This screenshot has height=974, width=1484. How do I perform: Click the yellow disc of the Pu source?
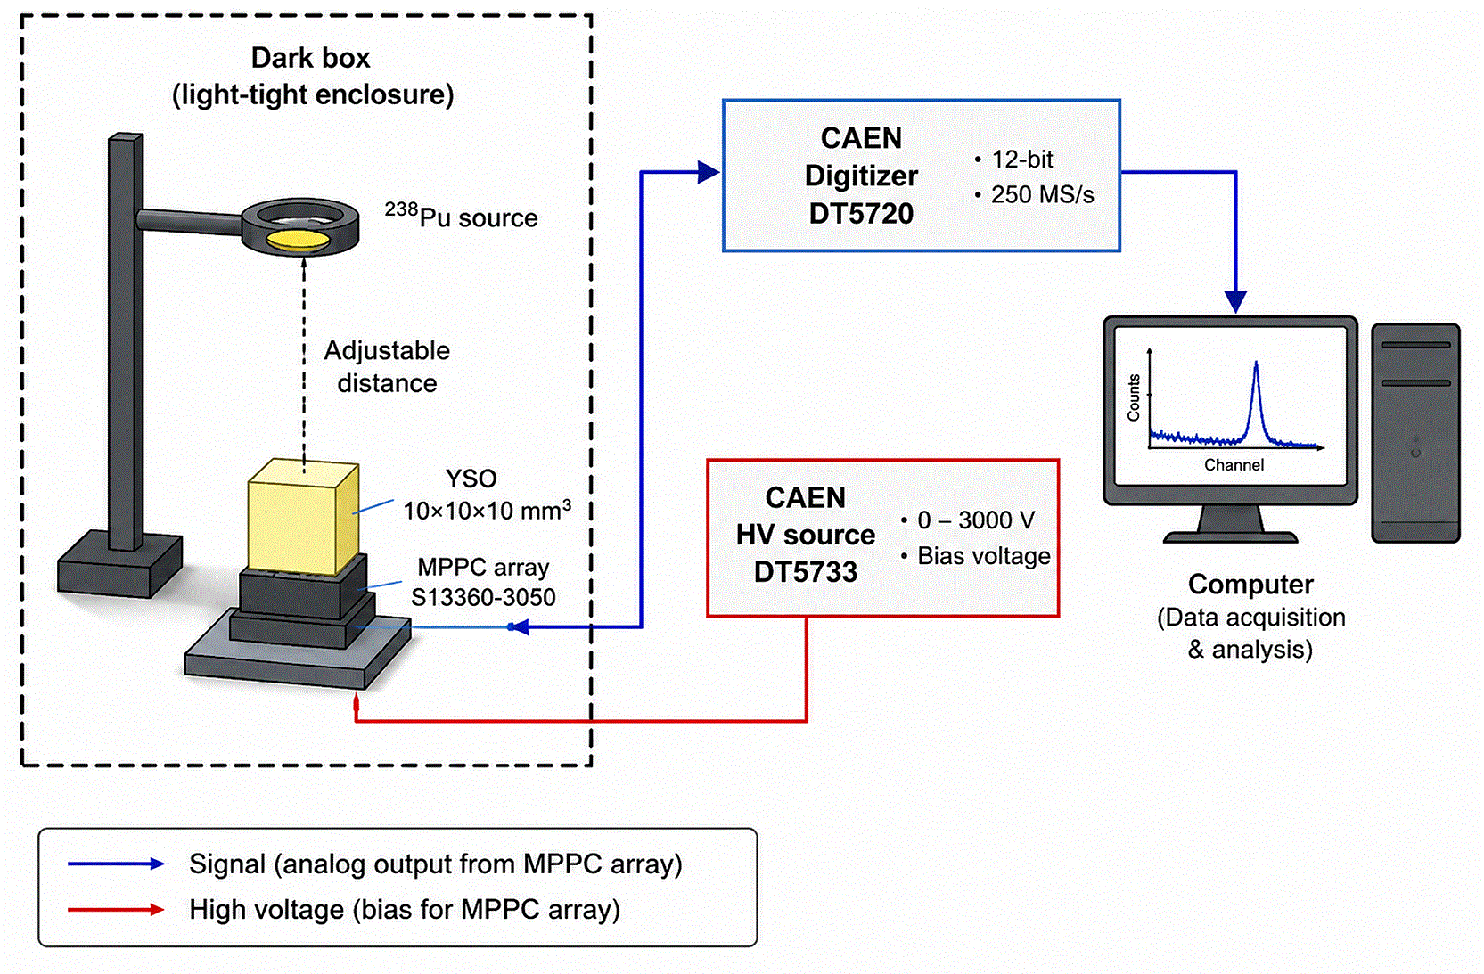298,240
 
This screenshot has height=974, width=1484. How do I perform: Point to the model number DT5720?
861,213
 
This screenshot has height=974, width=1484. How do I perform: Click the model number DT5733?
806,572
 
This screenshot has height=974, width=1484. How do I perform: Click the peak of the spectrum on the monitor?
1256,363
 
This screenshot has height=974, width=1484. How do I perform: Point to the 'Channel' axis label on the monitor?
1234,465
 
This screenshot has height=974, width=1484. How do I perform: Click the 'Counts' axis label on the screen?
1134,397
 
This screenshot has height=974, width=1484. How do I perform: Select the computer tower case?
1415,433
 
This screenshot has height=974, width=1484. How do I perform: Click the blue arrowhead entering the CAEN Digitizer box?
709,172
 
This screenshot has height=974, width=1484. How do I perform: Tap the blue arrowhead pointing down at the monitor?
1235,301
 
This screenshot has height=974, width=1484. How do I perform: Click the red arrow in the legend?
116,910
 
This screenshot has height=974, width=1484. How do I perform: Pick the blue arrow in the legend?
116,864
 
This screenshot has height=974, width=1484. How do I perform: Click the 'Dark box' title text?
310,58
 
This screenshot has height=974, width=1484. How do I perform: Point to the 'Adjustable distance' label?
387,366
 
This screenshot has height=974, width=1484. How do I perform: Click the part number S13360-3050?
483,598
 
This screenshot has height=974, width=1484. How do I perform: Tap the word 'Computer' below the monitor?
1250,585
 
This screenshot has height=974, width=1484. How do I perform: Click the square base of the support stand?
120,563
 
